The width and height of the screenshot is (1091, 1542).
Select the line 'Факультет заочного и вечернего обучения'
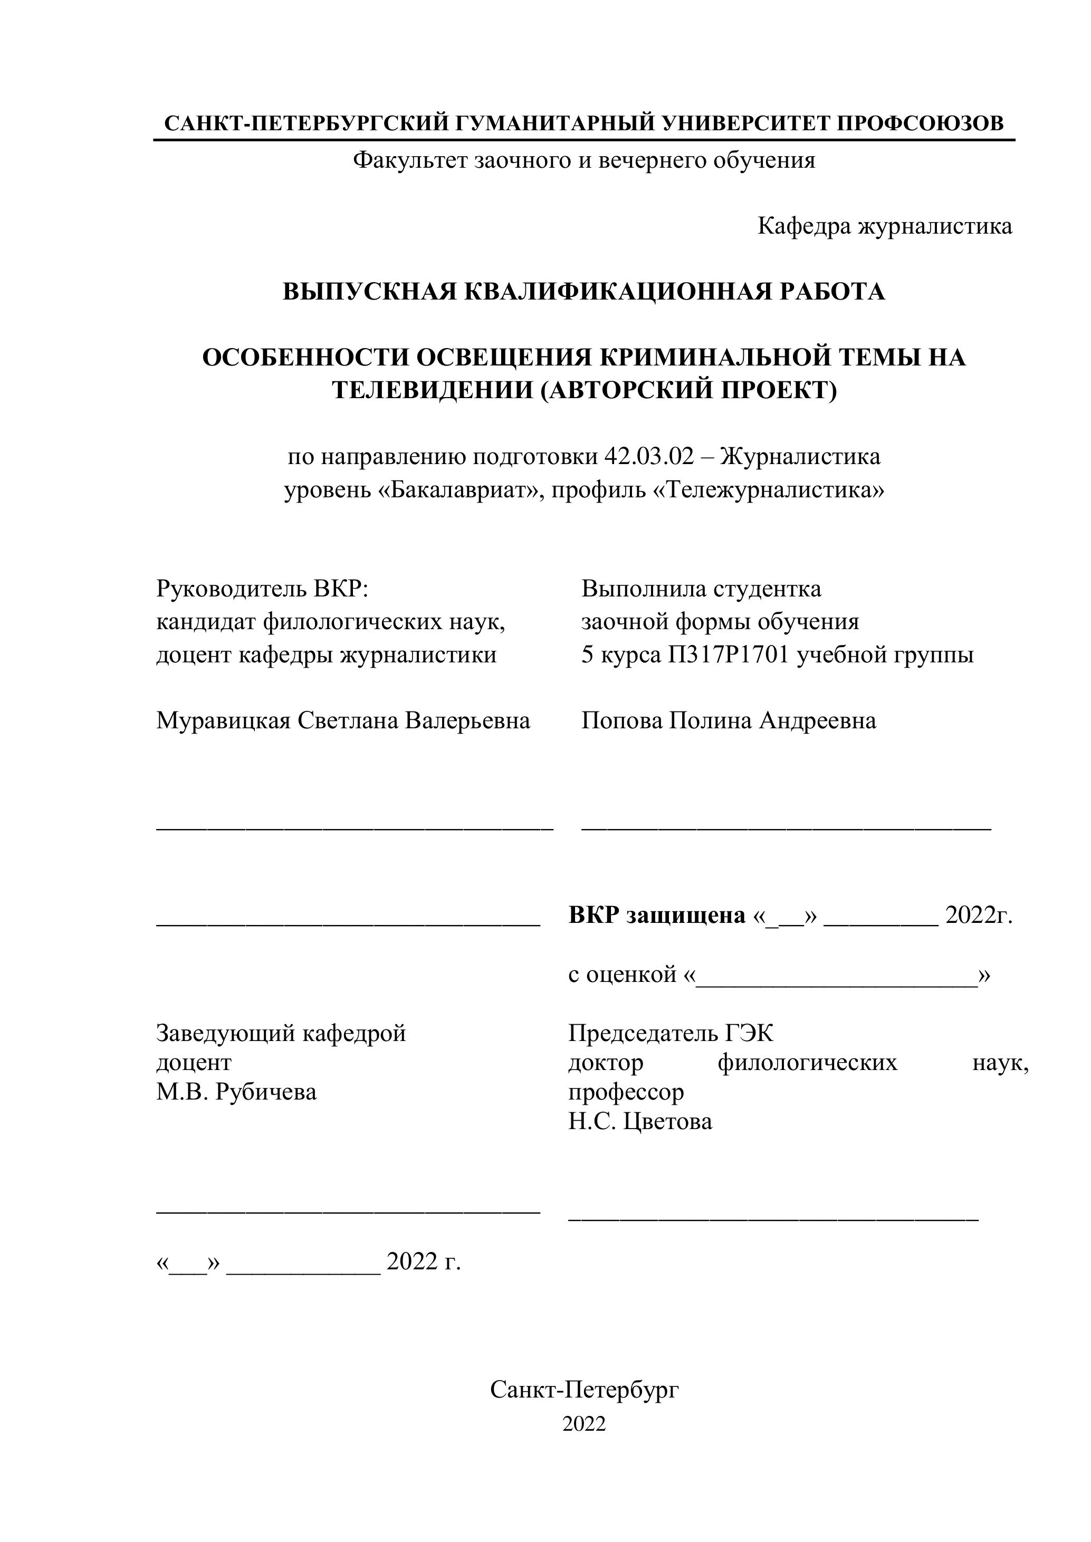coord(584,160)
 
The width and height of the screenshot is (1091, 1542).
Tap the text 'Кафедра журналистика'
coord(884,226)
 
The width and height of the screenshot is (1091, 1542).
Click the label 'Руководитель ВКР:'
coord(263,589)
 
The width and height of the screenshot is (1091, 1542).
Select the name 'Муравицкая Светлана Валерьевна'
coord(343,720)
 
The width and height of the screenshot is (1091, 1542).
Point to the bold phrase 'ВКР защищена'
coord(656,915)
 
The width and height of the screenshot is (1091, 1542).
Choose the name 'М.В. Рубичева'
coord(236,1092)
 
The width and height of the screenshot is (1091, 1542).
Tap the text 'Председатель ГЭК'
coord(671,1033)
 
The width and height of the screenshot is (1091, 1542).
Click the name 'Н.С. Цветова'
coord(639,1122)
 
